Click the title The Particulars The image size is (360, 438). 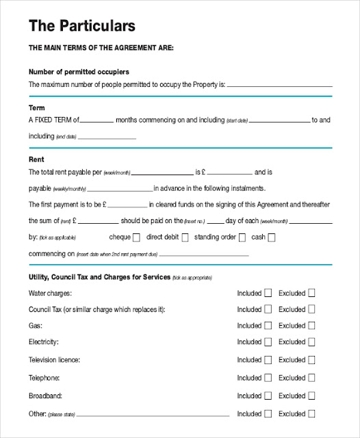coord(82,26)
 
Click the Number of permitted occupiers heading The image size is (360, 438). coord(79,72)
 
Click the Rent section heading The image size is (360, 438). coord(36,159)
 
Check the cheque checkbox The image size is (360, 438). coord(136,237)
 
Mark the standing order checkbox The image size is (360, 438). coord(242,237)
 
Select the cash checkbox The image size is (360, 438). coord(272,237)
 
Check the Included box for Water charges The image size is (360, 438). coord(268,293)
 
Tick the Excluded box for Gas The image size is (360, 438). coord(311,326)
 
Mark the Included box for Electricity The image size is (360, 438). coord(268,342)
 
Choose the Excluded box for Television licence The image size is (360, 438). coord(311,359)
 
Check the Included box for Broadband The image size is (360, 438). coord(268,396)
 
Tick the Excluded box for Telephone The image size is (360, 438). coord(311,378)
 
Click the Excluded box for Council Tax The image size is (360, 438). coord(311,309)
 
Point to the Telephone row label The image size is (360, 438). coord(43,378)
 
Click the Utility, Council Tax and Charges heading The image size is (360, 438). coord(99,277)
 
